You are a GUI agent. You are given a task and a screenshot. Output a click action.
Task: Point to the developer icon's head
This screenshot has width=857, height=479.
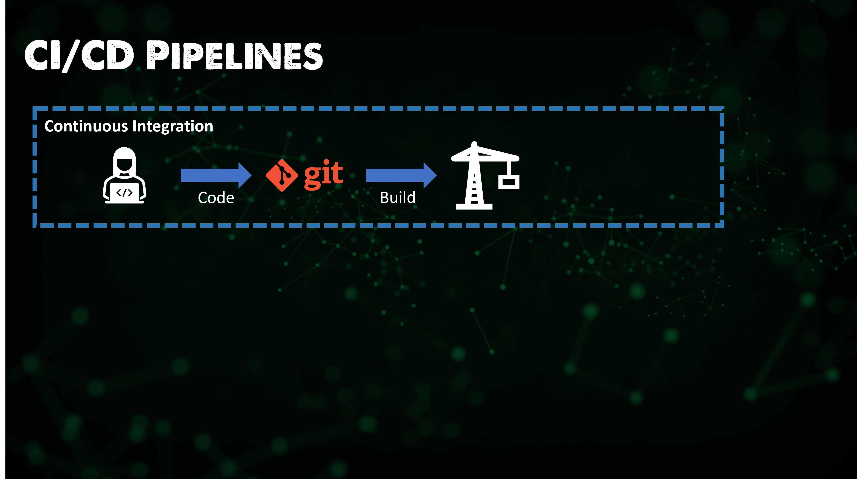tap(124, 160)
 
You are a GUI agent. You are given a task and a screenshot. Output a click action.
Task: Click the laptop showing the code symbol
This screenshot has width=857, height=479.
tap(124, 193)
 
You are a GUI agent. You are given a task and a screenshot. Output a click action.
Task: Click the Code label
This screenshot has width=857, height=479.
tap(216, 198)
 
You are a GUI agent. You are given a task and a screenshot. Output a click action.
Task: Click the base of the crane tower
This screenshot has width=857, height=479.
tap(474, 206)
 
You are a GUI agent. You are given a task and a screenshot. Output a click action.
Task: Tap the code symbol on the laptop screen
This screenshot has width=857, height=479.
tap(124, 193)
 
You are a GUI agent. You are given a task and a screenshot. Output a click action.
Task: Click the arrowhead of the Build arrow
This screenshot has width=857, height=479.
tap(430, 175)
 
